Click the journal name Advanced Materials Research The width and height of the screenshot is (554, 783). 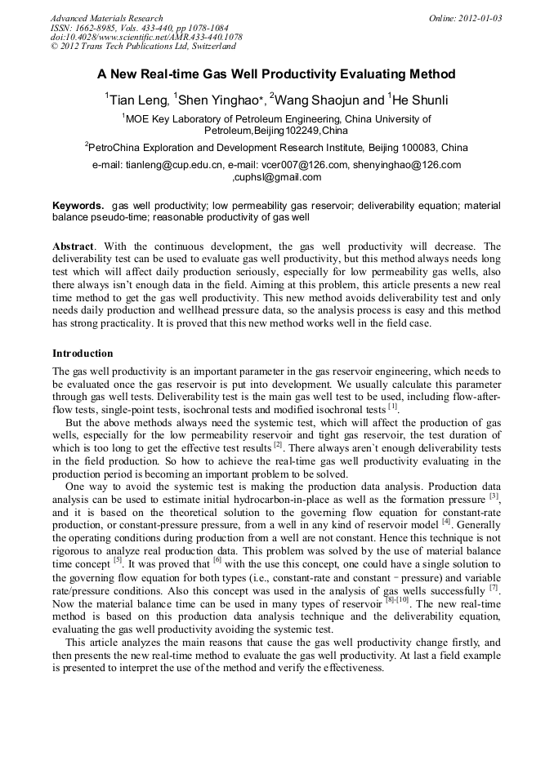pyautogui.click(x=106, y=18)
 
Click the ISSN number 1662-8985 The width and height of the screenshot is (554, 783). pyautogui.click(x=101, y=28)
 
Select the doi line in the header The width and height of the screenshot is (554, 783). pyautogui.click(x=146, y=37)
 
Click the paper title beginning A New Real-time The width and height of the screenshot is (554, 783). pyautogui.click(x=276, y=74)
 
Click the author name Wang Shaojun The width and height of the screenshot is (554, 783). pyautogui.click(x=314, y=100)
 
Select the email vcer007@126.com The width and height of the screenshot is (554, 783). pyautogui.click(x=308, y=165)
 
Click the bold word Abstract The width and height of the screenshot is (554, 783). pyautogui.click(x=73, y=246)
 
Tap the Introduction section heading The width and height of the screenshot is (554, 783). pyautogui.click(x=83, y=354)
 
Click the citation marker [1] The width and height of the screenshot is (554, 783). pyautogui.click(x=393, y=406)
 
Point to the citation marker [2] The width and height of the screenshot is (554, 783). pyautogui.click(x=278, y=444)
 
